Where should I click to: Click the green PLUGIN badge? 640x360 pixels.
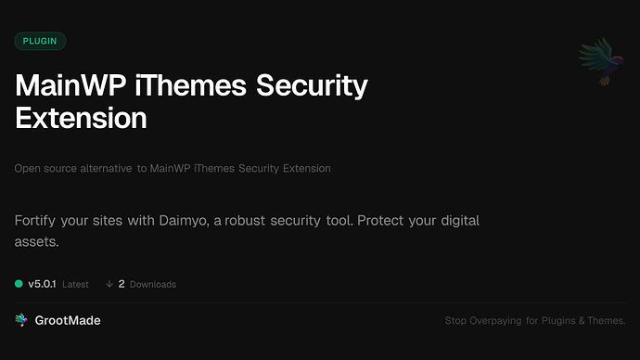coord(40,41)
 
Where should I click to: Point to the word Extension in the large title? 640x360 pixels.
coord(82,119)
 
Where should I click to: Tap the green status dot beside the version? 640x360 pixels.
coord(19,283)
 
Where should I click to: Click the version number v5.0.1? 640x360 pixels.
coord(42,283)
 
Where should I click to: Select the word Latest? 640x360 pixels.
coord(75,284)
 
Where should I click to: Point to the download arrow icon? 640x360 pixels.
coord(109,283)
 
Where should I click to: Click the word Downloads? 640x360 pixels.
coord(152,284)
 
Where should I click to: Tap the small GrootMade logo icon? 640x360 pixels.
coord(21,320)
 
